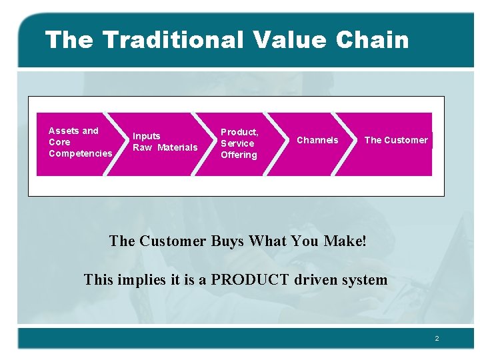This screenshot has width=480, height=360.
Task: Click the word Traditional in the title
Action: pos(173,40)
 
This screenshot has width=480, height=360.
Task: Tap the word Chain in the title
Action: pos(372,40)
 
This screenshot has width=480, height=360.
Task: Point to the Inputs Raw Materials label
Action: pos(165,142)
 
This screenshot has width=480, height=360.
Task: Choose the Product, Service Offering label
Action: pos(239,143)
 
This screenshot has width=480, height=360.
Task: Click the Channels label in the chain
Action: pos(317,140)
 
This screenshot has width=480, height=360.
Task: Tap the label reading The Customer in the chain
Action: pos(396,140)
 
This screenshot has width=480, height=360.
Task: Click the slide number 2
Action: pos(437,339)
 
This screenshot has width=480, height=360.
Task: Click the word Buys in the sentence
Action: pos(227,241)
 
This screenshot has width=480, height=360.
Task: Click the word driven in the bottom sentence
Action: pos(317,279)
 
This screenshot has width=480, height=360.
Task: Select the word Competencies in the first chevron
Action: pos(80,153)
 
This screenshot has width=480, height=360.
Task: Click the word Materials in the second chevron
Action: pos(177,147)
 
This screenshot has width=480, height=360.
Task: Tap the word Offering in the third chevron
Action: pos(239,155)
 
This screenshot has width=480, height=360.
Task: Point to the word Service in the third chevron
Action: pos(237,143)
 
